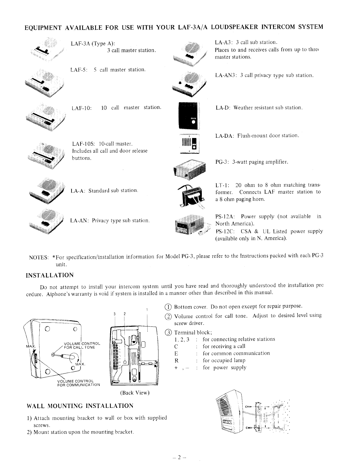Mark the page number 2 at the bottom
[x=180, y=457]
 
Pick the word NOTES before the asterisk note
[x=38, y=257]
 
